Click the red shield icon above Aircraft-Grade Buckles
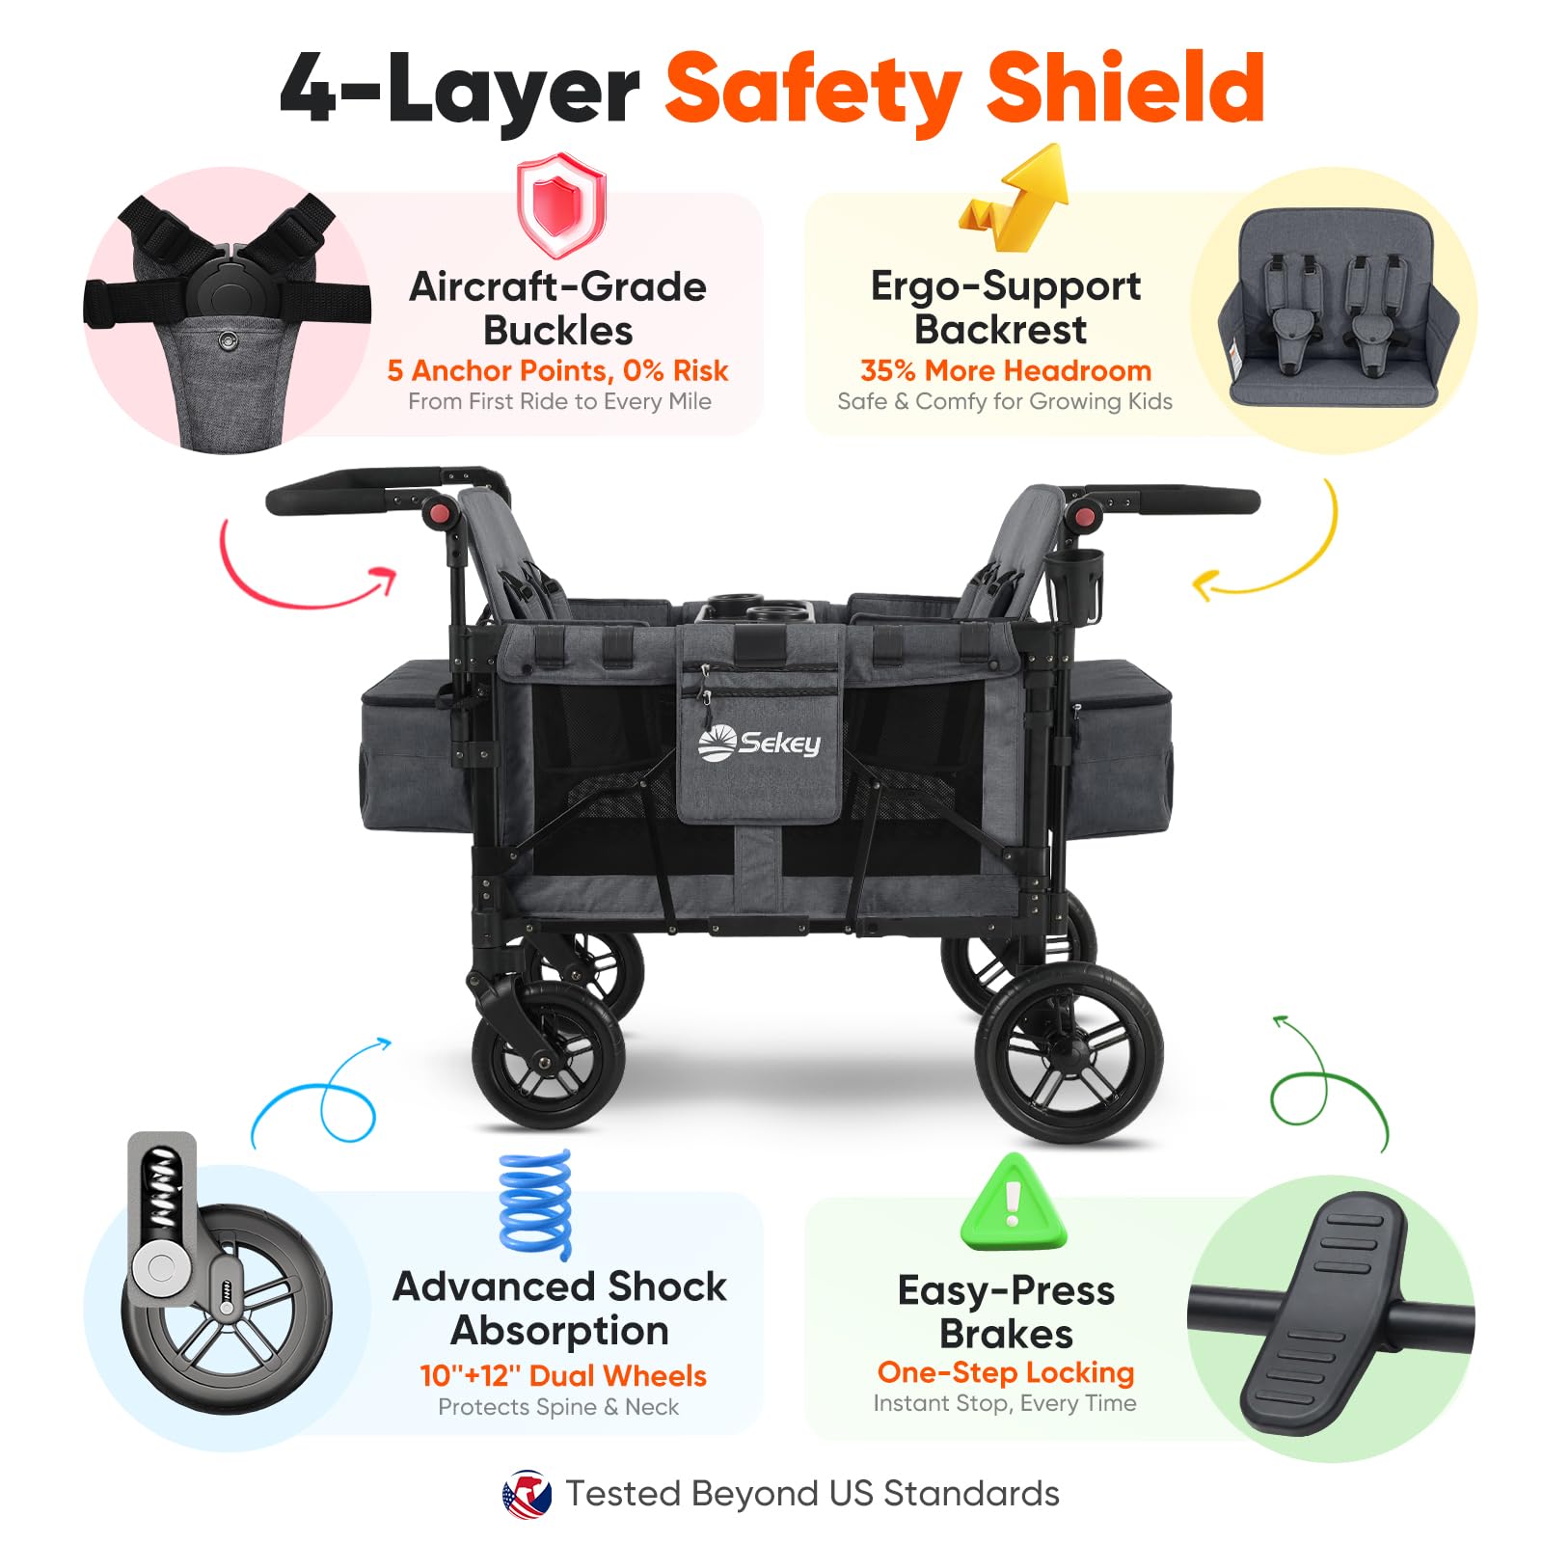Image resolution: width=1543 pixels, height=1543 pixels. coord(560,206)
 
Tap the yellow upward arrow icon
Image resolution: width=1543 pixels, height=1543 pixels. coord(1015,199)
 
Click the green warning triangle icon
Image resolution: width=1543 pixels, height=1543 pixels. coord(1014,1202)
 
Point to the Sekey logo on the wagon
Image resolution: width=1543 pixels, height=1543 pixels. coord(759,744)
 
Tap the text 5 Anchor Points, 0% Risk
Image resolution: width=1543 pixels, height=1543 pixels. coord(557,370)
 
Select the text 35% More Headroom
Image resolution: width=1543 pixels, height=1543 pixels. coord(1006,370)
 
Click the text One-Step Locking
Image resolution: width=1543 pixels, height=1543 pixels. coord(1006,1372)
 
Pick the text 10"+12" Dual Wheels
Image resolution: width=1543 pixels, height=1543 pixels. coord(563,1375)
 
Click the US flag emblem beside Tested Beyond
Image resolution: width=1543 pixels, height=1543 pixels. coord(527,1494)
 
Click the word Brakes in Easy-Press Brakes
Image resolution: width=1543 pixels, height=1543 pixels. coord(1006,1334)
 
